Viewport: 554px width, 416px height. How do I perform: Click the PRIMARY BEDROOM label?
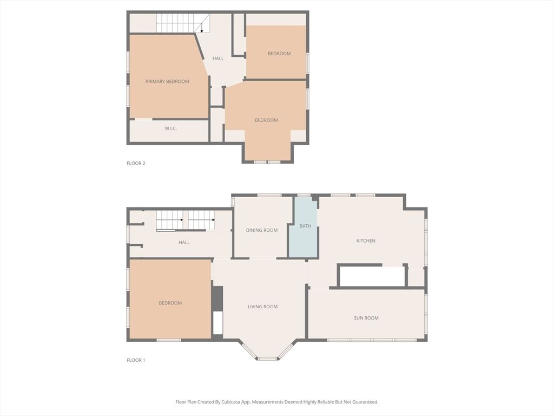tap(167, 81)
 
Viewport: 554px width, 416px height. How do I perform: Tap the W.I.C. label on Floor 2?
tap(170, 128)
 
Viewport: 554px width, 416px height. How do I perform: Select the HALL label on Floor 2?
tap(218, 58)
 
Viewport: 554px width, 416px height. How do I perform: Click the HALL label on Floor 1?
tap(184, 242)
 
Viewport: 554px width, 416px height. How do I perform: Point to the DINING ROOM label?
tap(262, 230)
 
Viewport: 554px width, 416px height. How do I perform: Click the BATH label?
tap(305, 226)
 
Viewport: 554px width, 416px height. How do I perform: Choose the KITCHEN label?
tap(366, 240)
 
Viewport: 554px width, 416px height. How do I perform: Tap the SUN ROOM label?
tap(366, 318)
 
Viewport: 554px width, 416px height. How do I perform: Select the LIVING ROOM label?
tap(262, 307)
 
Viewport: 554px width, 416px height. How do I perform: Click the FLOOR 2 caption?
tap(136, 163)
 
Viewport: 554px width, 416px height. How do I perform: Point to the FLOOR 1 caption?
tap(136, 360)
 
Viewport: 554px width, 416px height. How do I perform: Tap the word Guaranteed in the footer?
tap(366, 402)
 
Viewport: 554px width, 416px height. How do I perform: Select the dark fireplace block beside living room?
tap(217, 298)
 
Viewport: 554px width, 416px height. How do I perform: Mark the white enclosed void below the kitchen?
tap(372, 276)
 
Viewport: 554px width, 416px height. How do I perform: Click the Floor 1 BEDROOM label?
tap(170, 303)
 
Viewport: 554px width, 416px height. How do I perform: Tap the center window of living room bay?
tap(267, 359)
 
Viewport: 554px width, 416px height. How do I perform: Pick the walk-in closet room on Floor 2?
tap(169, 131)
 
